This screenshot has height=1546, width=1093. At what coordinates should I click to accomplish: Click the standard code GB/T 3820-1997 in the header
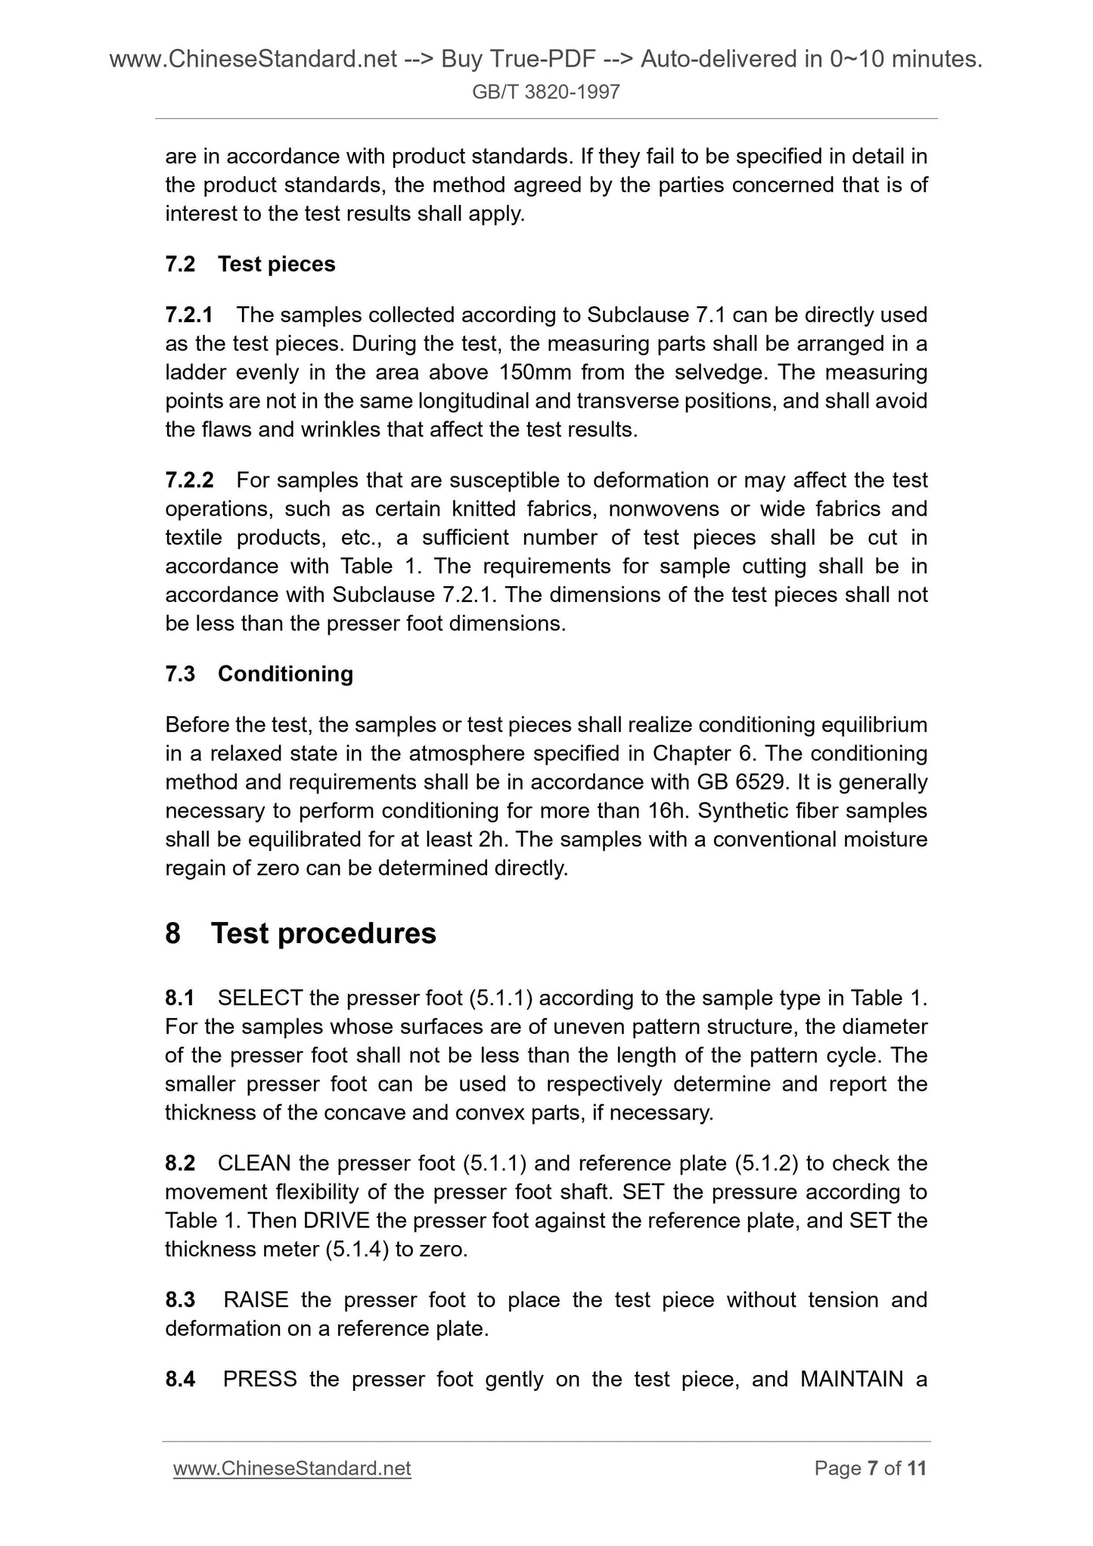(x=546, y=92)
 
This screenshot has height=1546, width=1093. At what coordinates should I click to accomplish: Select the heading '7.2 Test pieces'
(x=250, y=264)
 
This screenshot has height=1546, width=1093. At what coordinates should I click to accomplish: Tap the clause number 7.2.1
(x=189, y=315)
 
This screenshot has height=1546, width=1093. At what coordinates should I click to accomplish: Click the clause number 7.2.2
(x=189, y=480)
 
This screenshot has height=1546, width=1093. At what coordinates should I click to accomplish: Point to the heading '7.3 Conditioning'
(x=259, y=674)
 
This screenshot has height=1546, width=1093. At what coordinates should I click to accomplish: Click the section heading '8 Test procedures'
(x=300, y=933)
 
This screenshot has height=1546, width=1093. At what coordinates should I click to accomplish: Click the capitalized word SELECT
(x=260, y=998)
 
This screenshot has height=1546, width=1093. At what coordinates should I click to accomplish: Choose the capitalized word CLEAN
(x=255, y=1163)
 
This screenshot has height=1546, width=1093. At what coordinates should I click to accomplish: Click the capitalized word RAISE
(x=256, y=1300)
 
